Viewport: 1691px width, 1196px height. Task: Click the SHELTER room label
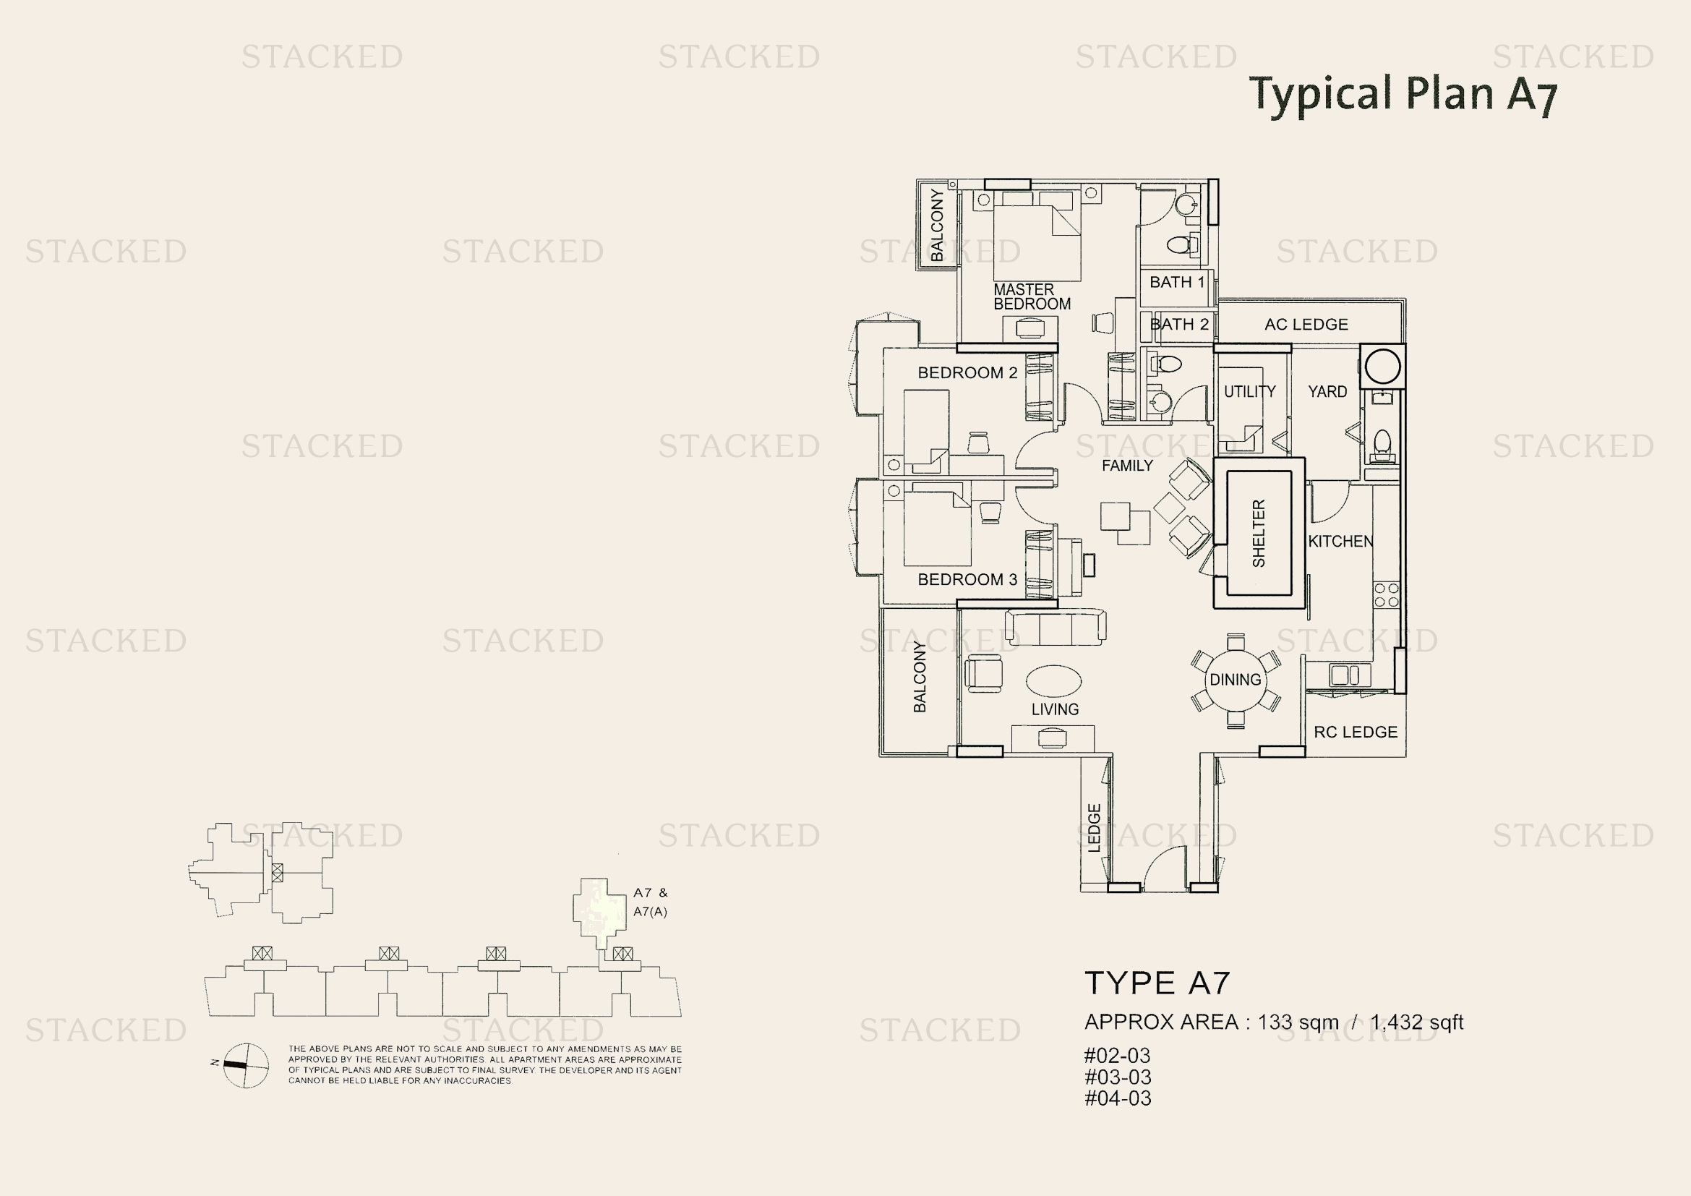click(x=1259, y=533)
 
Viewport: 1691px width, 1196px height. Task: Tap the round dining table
click(x=1235, y=680)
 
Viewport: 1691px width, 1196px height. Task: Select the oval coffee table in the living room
click(x=1053, y=680)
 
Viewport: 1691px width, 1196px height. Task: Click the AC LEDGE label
click(x=1306, y=324)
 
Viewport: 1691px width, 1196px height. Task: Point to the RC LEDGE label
click(x=1355, y=732)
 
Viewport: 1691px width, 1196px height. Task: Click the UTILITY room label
click(x=1249, y=392)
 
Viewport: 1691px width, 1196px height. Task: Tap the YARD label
click(x=1327, y=392)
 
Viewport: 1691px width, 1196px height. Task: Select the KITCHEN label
click(x=1340, y=542)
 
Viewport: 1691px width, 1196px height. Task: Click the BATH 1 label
click(x=1177, y=282)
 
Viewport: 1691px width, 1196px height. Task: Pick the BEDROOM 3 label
click(x=967, y=580)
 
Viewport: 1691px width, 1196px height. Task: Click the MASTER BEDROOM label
click(x=1031, y=296)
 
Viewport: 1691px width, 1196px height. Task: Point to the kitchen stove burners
click(x=1386, y=595)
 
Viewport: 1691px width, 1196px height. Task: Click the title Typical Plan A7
click(x=1404, y=94)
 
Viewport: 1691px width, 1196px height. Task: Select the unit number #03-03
click(x=1117, y=1077)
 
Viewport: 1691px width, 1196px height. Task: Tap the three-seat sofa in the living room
click(x=1055, y=628)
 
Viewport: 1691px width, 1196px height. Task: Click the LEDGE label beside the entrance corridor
click(x=1094, y=828)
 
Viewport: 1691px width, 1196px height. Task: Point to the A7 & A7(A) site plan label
click(x=650, y=902)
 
